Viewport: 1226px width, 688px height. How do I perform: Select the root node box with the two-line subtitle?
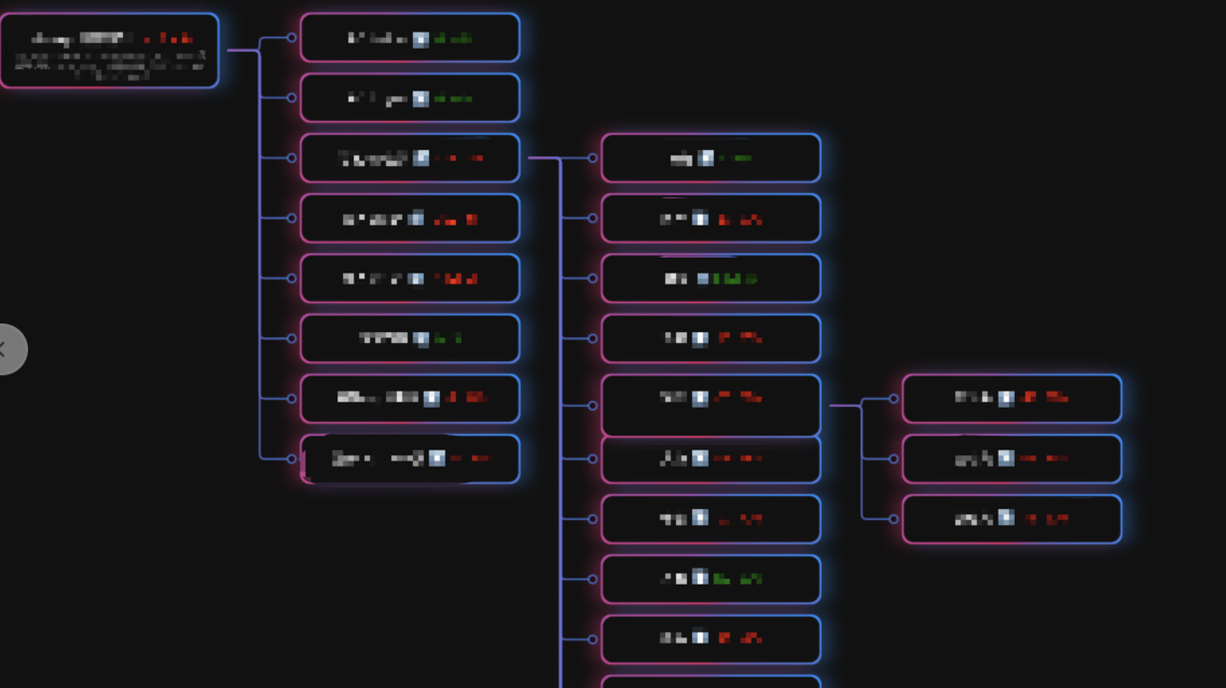(x=109, y=51)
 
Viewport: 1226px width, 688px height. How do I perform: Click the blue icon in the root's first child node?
(x=421, y=39)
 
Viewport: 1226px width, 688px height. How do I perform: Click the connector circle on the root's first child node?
(x=292, y=38)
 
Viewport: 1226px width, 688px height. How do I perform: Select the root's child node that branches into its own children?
(x=410, y=158)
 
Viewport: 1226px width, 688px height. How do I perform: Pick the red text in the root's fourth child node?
(x=456, y=219)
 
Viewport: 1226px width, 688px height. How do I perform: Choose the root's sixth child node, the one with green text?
(x=410, y=339)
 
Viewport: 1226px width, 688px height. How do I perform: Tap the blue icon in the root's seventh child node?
(x=431, y=398)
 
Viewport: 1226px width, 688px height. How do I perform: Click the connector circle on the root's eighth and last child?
(x=292, y=459)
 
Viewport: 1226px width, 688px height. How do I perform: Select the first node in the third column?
(x=711, y=158)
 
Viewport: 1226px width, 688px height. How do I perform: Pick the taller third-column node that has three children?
(x=711, y=405)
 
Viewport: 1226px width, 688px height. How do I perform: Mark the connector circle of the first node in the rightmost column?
(x=893, y=399)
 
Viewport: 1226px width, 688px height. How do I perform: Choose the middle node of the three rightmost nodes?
(x=1011, y=459)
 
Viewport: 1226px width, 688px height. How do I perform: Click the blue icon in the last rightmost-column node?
(x=1006, y=518)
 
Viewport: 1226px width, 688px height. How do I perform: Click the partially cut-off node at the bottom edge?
(x=711, y=682)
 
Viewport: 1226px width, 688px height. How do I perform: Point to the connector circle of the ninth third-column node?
(x=593, y=639)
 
